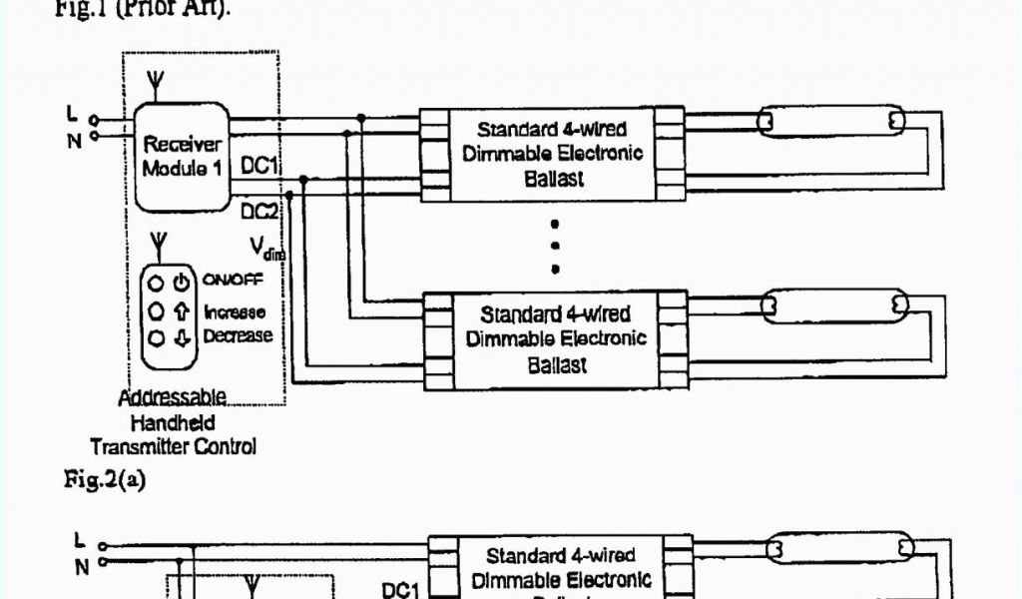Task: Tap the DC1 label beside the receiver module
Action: (258, 166)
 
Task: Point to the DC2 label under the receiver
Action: (258, 211)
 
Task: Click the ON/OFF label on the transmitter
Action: (234, 281)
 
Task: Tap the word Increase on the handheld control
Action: (235, 312)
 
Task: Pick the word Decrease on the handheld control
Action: (238, 336)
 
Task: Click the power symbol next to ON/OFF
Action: (181, 283)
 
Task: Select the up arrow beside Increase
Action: (181, 312)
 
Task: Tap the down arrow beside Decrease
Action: (181, 337)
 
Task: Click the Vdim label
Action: (266, 248)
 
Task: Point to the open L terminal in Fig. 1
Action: (94, 118)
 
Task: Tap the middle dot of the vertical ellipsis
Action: (555, 246)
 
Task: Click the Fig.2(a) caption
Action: (105, 480)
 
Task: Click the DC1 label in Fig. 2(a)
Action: (399, 591)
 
